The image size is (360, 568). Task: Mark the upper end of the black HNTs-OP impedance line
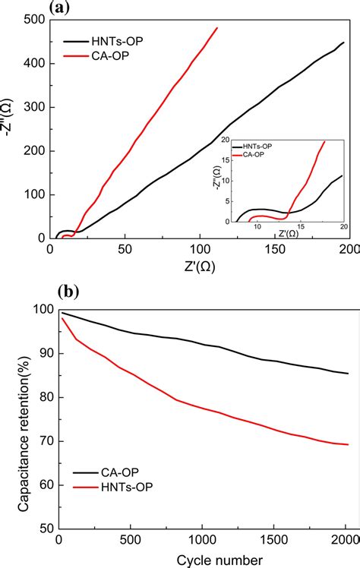tap(343, 43)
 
